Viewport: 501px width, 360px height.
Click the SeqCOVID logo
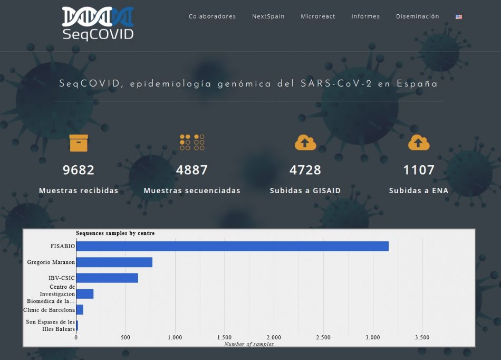coord(98,24)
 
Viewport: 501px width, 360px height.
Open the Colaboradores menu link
coord(212,16)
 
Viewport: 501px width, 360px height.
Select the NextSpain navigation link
coord(268,16)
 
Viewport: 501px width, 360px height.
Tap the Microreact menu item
coord(318,16)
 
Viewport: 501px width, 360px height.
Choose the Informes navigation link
coord(365,16)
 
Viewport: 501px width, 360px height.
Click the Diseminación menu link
coord(418,16)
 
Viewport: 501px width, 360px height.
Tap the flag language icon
coord(459,17)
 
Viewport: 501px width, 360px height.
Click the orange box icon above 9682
coord(79,143)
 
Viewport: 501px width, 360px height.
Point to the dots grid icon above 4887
coord(192,143)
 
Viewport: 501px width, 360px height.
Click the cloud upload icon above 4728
coord(305,143)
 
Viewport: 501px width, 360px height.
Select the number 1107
coord(419,170)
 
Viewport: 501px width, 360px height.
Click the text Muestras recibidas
coord(79,191)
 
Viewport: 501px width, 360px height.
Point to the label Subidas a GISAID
coord(305,191)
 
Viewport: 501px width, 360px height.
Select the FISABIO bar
coord(233,246)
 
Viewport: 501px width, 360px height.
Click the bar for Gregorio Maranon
coord(114,262)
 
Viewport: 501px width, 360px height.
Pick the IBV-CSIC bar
coord(108,278)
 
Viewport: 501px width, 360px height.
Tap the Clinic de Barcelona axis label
coord(49,310)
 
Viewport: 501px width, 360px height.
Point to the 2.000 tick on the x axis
coord(274,337)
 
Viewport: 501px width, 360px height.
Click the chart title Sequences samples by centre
coord(115,233)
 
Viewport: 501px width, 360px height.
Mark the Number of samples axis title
coord(249,344)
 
